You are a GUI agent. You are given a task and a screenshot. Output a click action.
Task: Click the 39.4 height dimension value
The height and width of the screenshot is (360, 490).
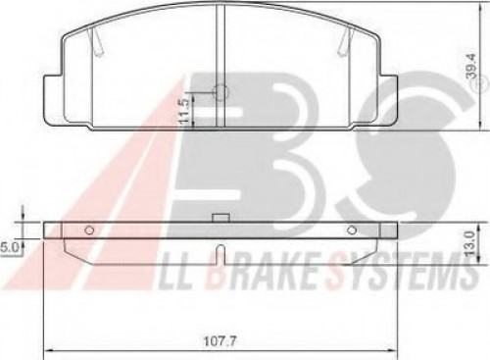click(x=472, y=66)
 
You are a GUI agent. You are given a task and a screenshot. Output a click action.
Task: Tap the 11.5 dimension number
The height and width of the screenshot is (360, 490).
click(x=184, y=111)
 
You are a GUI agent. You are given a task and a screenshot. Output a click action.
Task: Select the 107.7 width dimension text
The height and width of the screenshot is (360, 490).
click(x=220, y=341)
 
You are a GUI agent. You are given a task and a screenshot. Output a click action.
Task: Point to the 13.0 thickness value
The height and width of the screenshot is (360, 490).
click(x=469, y=243)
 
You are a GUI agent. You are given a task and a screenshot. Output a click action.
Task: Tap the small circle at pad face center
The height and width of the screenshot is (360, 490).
click(x=220, y=91)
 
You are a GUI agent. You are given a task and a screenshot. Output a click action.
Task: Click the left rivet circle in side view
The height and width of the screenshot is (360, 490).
click(x=89, y=231)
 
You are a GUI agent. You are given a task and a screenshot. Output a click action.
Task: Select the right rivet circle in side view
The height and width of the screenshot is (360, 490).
click(x=352, y=231)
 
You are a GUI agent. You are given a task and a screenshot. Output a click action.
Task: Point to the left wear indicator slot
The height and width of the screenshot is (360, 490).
click(x=97, y=41)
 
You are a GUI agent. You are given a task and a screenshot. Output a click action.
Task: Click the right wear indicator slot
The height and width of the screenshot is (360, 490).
click(x=344, y=41)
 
